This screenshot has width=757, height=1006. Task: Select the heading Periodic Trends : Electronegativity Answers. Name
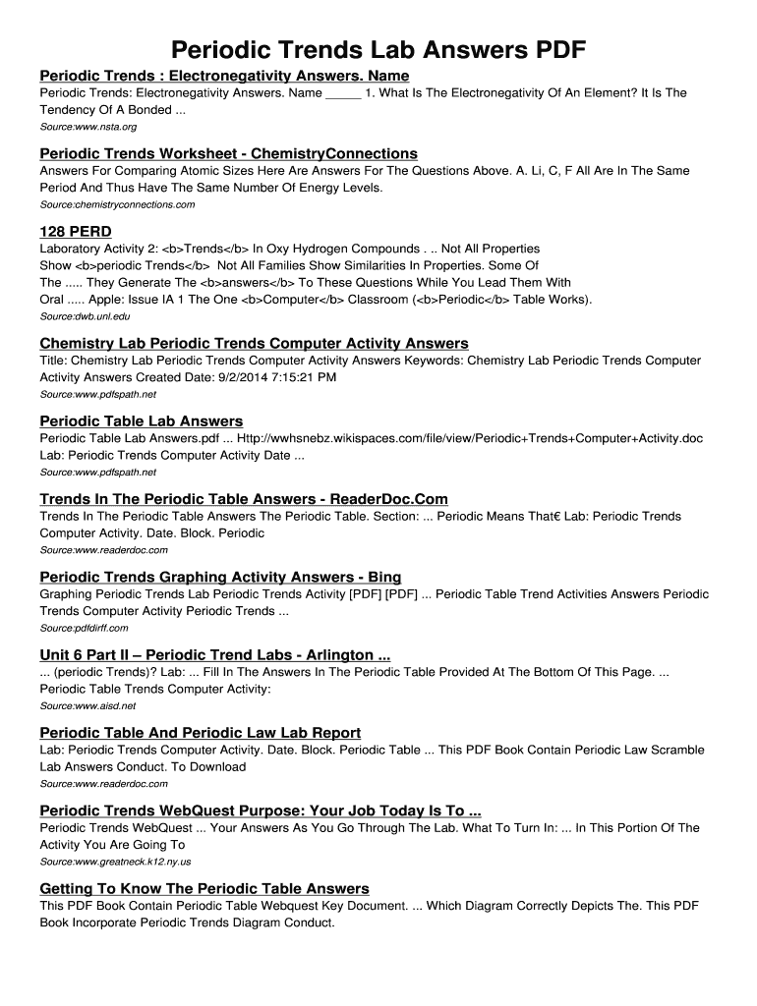pos(224,76)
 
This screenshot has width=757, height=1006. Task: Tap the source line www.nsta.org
pos(87,128)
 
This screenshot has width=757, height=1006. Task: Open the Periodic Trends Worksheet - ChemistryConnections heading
pos(228,153)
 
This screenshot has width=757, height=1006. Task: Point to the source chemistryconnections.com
pos(117,204)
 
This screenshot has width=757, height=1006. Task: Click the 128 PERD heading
pos(76,231)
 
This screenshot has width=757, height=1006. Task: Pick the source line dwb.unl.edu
pos(85,316)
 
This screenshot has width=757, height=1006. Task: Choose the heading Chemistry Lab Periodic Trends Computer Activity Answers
pos(254,343)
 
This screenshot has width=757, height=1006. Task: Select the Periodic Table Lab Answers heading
pos(141,421)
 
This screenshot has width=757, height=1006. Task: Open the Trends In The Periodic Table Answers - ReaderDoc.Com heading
pos(244,499)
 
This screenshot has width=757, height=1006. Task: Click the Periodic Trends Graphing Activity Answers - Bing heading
pos(220,577)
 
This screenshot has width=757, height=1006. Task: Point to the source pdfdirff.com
pos(84,628)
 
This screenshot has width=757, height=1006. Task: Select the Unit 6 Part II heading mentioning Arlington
pos(215,654)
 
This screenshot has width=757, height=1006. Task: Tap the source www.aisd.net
pos(87,705)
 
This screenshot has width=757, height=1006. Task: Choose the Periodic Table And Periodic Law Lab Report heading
pos(200,733)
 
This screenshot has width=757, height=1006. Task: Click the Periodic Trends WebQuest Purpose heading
pos(261,810)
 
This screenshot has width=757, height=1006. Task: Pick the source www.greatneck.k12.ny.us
pos(115,862)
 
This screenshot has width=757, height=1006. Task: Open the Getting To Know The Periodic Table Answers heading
pos(204,888)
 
